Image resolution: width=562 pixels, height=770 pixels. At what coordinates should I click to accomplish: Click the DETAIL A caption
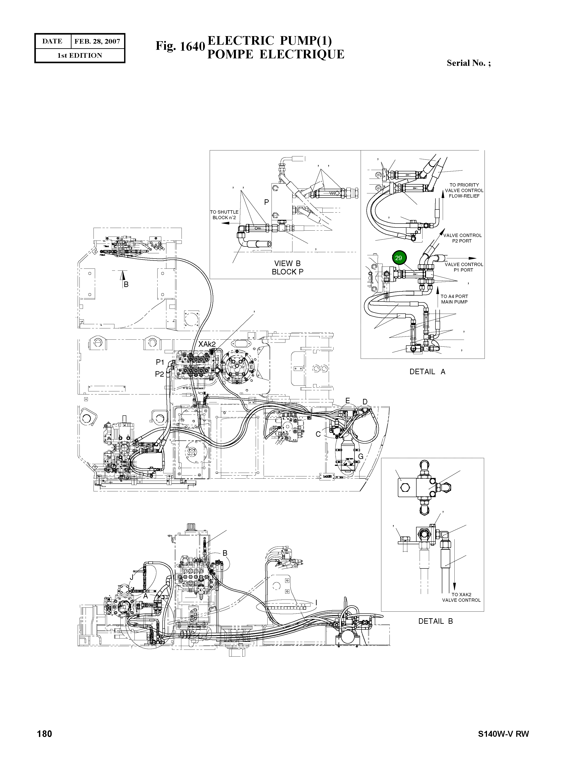click(x=427, y=372)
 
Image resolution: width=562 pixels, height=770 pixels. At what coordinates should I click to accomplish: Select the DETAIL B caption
click(x=435, y=621)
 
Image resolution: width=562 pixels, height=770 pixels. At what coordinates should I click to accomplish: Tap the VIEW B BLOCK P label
click(x=287, y=267)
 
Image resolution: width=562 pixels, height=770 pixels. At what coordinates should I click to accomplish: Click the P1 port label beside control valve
click(x=160, y=362)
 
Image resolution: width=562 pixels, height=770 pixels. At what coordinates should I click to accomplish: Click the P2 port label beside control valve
click(x=160, y=374)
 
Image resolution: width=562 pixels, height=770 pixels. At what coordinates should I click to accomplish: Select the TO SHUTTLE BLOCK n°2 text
click(x=224, y=215)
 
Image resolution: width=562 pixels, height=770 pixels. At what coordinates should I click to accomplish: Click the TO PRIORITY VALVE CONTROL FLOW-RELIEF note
click(x=464, y=190)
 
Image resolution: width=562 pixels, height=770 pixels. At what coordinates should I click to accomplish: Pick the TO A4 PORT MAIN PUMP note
click(x=454, y=299)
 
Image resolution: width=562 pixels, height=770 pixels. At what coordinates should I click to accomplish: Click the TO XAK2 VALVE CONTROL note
click(x=461, y=597)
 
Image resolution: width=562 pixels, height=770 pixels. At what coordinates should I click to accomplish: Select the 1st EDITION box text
click(x=80, y=56)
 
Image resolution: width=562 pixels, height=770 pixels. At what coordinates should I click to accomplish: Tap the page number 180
click(x=45, y=734)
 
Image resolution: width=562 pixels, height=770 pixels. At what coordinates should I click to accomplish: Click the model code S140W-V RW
click(x=503, y=734)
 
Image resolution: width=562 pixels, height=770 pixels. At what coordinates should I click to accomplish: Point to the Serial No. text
click(x=468, y=63)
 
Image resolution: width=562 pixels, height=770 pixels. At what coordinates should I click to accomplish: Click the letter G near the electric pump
click(x=361, y=456)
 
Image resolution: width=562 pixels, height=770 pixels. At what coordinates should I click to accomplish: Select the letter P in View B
click(x=266, y=202)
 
